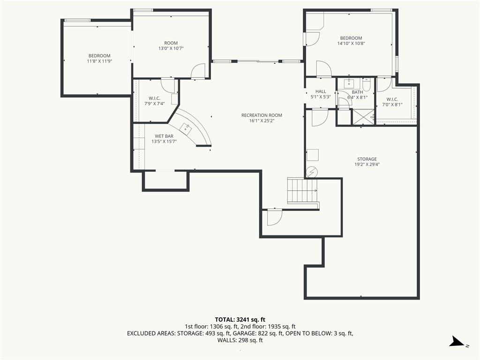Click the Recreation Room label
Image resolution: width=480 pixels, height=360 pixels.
coord(262,115)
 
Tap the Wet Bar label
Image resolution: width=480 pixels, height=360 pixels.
coord(164,136)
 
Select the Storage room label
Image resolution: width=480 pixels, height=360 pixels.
coord(367,159)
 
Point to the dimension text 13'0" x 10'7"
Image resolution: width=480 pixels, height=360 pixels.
coord(171,48)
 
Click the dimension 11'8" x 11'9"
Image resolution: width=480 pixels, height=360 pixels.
coord(99,61)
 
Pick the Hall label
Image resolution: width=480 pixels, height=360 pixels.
coord(321,91)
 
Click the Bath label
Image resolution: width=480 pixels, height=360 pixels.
coord(357,92)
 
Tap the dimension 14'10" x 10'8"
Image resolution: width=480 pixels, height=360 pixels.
coord(351,44)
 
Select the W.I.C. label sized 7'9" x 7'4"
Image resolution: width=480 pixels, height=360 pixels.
coord(155,98)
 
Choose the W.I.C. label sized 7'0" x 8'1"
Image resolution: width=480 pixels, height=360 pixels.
coord(392,99)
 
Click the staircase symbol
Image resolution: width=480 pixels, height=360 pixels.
coord(302,191)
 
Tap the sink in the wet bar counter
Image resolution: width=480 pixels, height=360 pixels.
coord(186,128)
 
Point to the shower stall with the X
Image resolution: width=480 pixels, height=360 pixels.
coord(363,117)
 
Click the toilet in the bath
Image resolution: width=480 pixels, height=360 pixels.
coord(367,84)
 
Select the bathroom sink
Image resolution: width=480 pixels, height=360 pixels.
coord(349,83)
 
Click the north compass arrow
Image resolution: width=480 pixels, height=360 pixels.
coord(457,341)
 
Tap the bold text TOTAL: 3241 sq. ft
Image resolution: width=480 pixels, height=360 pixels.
coord(240,320)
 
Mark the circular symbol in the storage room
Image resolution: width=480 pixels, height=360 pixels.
coord(312,172)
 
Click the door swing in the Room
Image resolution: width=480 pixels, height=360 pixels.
coord(198,71)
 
